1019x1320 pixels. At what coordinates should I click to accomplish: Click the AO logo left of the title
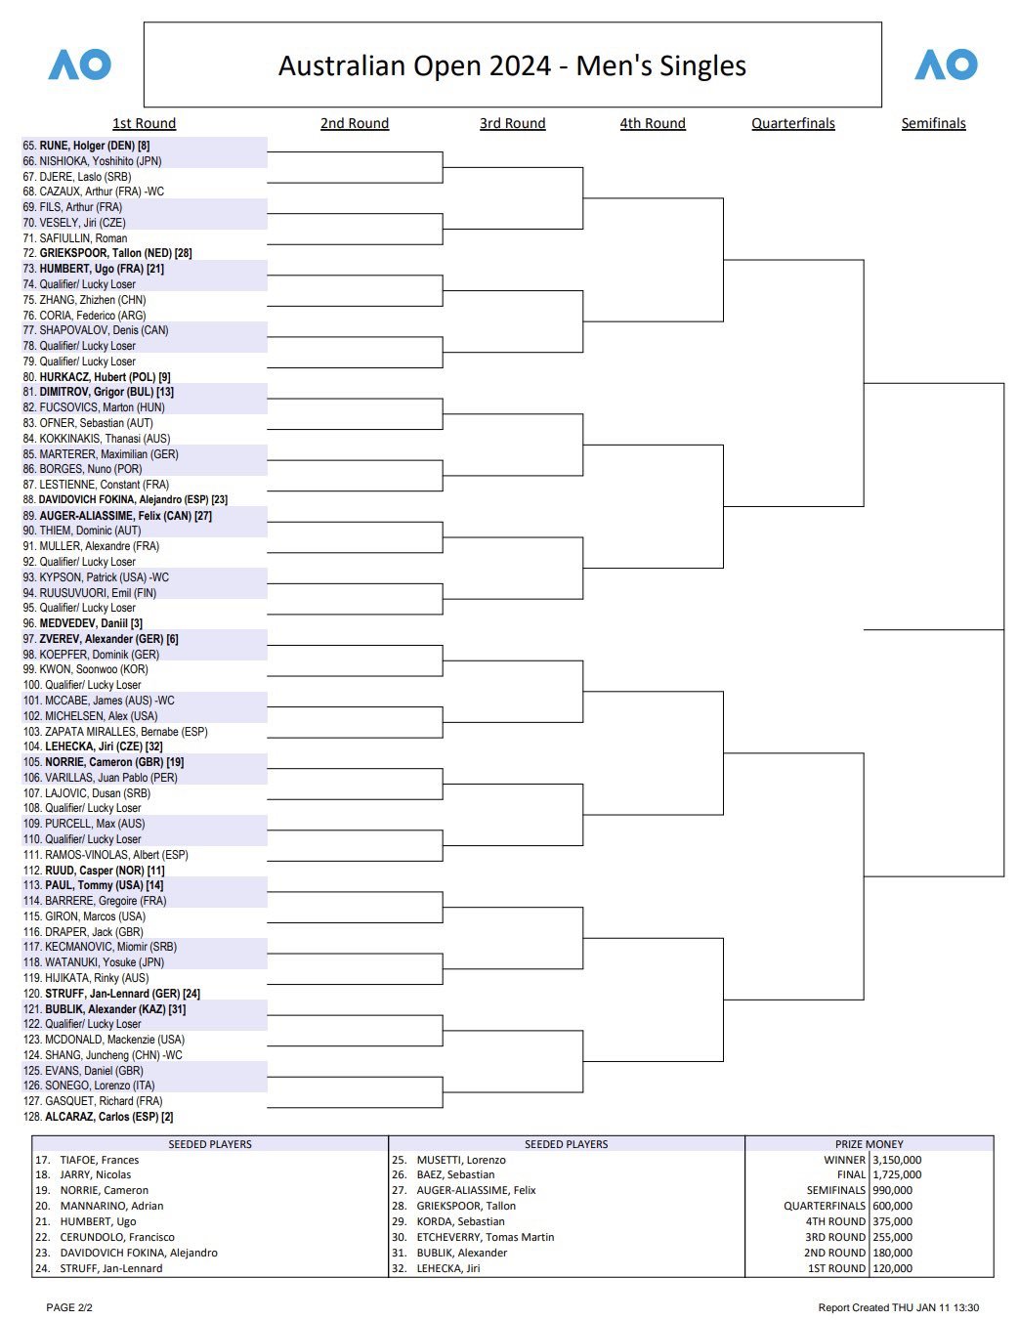80,65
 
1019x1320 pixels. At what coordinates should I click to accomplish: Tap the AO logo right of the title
946,65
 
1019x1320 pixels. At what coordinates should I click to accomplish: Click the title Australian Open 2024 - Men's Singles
512,65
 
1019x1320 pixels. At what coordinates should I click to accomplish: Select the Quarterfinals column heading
793,123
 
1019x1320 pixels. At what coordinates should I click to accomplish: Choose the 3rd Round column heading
512,123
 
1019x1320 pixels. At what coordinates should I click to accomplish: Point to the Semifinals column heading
933,123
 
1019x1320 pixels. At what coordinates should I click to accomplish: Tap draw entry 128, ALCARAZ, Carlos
98,1117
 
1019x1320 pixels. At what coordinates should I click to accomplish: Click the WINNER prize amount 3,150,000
897,1160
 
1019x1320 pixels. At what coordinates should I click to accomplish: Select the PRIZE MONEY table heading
869,1144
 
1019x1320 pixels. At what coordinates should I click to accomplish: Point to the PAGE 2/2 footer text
69,1307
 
